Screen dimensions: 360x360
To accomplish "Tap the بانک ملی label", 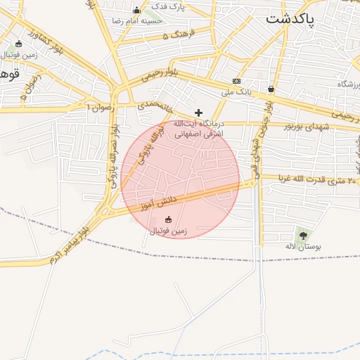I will [x=236, y=91].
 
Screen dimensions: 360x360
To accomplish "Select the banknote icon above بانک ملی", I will [x=236, y=81].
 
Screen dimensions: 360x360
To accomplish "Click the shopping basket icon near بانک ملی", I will [x=271, y=89].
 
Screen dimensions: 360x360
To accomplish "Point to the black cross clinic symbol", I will [x=199, y=112].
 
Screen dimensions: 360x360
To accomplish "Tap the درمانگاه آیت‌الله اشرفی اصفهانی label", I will [x=199, y=127].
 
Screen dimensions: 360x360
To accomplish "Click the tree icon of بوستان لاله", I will [x=303, y=236].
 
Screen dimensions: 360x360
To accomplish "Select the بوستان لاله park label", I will [x=303, y=247].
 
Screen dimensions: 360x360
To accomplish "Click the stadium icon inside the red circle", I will [x=167, y=219].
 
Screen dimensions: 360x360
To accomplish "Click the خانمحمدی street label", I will [x=155, y=105].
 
